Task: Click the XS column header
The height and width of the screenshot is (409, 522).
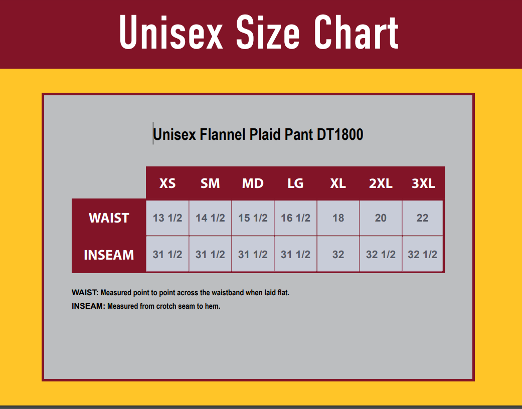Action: click(x=167, y=183)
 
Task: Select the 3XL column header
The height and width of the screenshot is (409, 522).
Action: click(x=423, y=183)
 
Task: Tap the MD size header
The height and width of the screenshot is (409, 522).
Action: click(x=253, y=183)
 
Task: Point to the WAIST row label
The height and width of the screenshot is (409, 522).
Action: click(x=109, y=218)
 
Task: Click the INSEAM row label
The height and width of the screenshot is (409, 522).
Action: click(x=109, y=255)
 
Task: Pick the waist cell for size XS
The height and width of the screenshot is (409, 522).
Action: click(x=167, y=218)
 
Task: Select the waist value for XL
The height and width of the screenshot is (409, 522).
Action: click(x=338, y=218)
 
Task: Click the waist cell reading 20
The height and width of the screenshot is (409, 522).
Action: click(x=381, y=218)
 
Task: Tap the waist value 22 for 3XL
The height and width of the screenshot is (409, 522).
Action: click(x=422, y=218)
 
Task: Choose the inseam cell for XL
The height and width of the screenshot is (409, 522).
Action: click(x=338, y=254)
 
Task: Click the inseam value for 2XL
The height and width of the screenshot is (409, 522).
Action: click(x=381, y=254)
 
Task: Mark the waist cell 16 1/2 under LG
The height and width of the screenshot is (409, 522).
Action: click(x=296, y=218)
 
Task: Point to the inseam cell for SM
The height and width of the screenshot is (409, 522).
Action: click(x=210, y=254)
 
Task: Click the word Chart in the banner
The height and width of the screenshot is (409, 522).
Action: click(x=356, y=33)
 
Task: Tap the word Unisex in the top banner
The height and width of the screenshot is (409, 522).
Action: click(x=171, y=33)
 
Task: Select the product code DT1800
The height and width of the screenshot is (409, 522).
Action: click(x=340, y=134)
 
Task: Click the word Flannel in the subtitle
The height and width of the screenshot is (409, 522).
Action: click(x=222, y=134)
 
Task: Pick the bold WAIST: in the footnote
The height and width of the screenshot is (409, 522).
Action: click(x=85, y=293)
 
